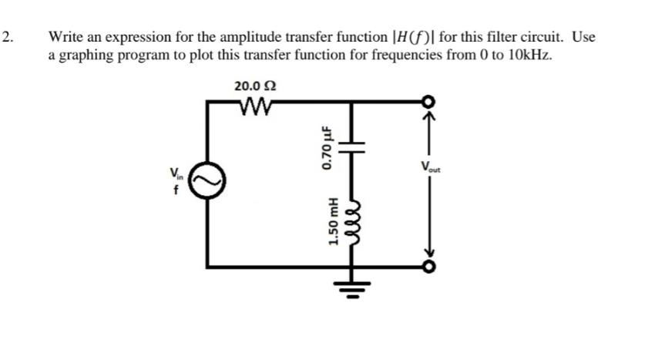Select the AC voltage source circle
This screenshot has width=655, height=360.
click(207, 183)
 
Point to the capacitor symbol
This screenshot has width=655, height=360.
click(354, 146)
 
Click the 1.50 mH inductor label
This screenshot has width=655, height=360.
click(333, 223)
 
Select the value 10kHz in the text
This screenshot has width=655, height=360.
click(530, 56)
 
